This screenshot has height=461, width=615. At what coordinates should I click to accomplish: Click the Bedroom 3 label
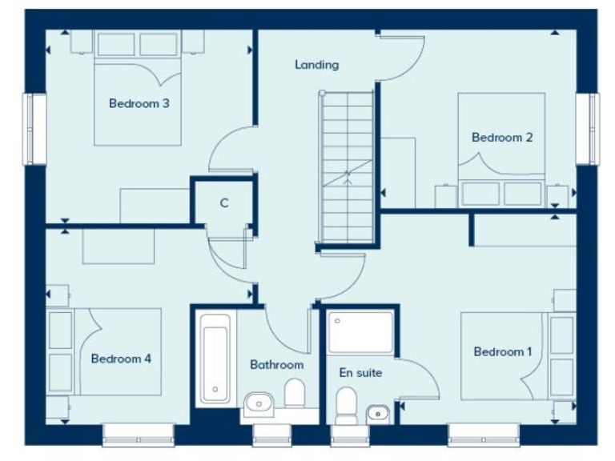point(139,103)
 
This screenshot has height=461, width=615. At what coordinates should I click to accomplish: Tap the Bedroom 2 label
point(502,138)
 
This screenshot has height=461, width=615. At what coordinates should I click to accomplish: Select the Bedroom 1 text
point(503,352)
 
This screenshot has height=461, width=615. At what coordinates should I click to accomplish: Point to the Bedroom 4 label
point(121,359)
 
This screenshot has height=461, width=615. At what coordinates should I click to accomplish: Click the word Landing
point(316,65)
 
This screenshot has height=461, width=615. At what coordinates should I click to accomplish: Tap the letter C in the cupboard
point(224,203)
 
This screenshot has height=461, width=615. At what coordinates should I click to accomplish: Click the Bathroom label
point(276,365)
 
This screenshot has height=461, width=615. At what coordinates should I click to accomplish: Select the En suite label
point(360,373)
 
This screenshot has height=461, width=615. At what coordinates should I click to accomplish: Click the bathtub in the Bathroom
point(215,357)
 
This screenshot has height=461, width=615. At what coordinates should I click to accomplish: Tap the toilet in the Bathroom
point(295,395)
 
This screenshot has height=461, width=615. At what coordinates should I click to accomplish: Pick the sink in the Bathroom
point(259,403)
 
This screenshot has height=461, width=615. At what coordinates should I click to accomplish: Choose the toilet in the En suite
point(347,405)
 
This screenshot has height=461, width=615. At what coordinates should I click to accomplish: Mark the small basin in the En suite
point(377,414)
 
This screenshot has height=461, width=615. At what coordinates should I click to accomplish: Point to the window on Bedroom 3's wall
point(34,129)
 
